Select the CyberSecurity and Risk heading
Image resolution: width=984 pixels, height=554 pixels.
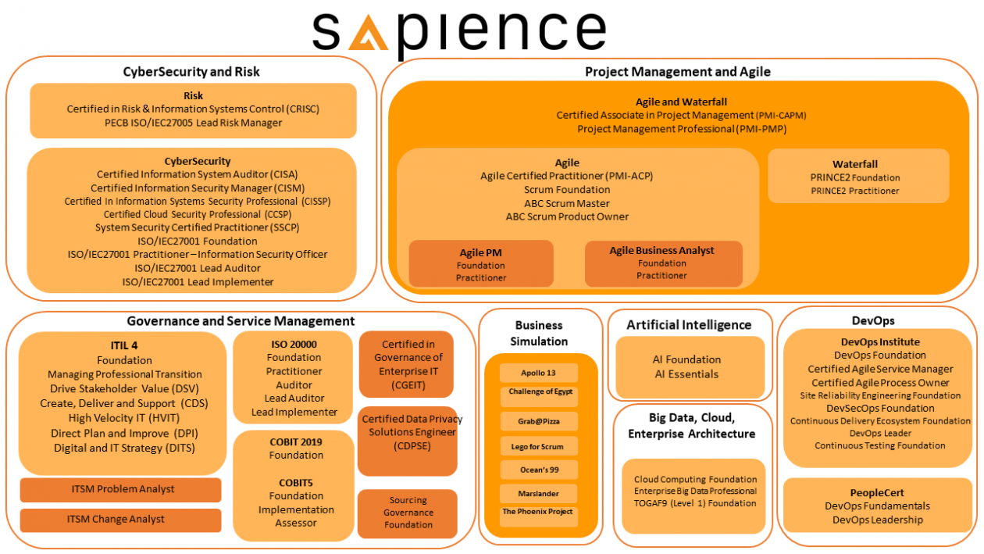(x=191, y=72)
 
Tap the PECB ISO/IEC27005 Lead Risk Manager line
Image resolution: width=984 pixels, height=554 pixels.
(x=193, y=123)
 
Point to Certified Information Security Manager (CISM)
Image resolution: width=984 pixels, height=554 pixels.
(x=197, y=188)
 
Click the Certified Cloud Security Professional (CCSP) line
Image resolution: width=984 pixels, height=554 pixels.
(x=197, y=214)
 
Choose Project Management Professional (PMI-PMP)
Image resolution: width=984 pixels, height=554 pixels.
(x=681, y=129)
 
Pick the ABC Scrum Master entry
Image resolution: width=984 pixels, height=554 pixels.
(x=567, y=203)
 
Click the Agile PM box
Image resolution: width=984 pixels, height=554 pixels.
(x=481, y=264)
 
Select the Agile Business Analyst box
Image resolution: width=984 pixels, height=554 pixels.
(x=662, y=263)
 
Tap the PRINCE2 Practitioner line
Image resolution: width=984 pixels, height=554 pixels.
(x=854, y=191)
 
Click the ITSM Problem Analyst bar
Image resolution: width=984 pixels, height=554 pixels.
(x=120, y=490)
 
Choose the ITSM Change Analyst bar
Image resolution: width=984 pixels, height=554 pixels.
(x=120, y=520)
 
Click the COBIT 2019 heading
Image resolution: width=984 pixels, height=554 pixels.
(x=296, y=441)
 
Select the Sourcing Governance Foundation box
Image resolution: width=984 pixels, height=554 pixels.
(x=408, y=513)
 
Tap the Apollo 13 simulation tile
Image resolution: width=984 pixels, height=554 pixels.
(x=539, y=373)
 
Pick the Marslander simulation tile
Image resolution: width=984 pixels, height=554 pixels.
(x=539, y=494)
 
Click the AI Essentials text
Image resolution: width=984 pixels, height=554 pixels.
(x=686, y=374)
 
